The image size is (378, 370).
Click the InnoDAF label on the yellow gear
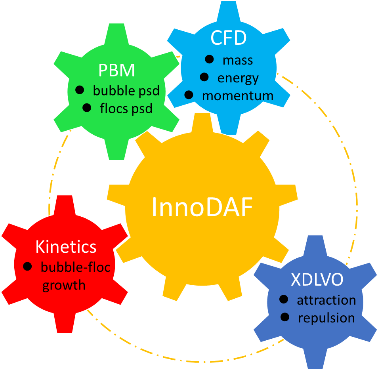pyautogui.click(x=202, y=207)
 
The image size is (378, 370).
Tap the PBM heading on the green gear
pyautogui.click(x=116, y=71)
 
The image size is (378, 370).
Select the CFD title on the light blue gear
pyautogui.click(x=229, y=38)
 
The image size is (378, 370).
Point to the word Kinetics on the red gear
pyautogui.click(x=66, y=247)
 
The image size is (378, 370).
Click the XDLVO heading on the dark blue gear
pyautogui.click(x=317, y=280)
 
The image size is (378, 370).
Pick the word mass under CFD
pyautogui.click(x=238, y=60)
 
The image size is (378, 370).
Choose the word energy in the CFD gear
pyautogui.click(x=238, y=78)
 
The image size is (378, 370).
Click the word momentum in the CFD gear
pyautogui.click(x=238, y=95)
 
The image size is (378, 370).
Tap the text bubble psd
pyautogui.click(x=126, y=91)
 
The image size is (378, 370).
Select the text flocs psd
pyautogui.click(x=126, y=108)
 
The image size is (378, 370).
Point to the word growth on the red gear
pyautogui.click(x=64, y=284)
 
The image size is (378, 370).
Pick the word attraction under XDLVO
pyautogui.click(x=326, y=300)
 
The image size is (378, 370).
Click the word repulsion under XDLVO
pyautogui.click(x=326, y=318)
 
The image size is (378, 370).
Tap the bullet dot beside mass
pyautogui.click(x=209, y=59)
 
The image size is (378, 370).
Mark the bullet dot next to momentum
pyautogui.click(x=189, y=95)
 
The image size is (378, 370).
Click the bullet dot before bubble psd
pyautogui.click(x=80, y=90)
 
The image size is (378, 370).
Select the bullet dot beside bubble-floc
pyautogui.click(x=27, y=266)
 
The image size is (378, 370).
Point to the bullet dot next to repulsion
pyautogui.click(x=284, y=317)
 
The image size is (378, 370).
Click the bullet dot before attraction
pyautogui.click(x=284, y=299)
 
